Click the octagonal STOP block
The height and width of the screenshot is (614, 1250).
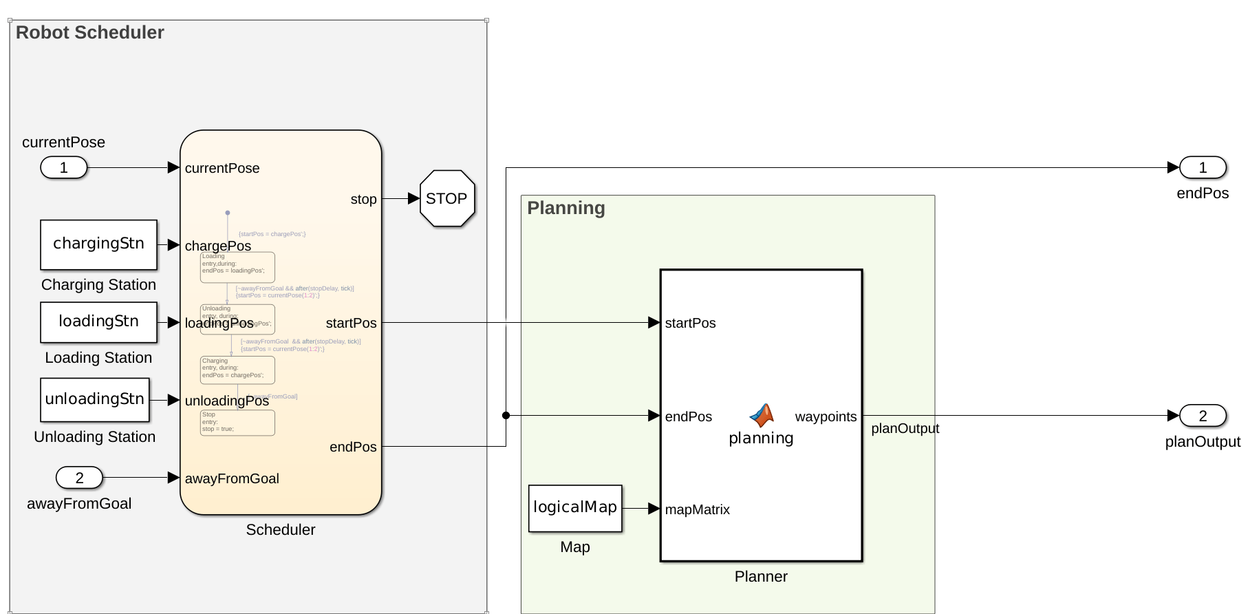(x=447, y=198)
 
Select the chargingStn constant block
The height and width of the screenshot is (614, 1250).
(x=98, y=244)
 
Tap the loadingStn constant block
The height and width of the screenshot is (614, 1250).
(x=98, y=321)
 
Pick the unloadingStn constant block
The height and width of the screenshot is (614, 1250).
(x=94, y=399)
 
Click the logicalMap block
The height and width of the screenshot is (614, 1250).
(x=575, y=508)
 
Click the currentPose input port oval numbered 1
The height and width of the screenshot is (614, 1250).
(x=64, y=167)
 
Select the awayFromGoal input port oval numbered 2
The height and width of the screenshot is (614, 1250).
(x=79, y=477)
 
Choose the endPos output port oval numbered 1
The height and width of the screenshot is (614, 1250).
(x=1203, y=167)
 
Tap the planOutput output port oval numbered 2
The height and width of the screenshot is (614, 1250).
(x=1203, y=415)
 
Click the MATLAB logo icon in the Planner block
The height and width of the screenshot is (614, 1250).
(x=762, y=415)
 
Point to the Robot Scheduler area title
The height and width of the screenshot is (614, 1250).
(x=89, y=32)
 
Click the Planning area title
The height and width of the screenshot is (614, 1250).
(x=565, y=208)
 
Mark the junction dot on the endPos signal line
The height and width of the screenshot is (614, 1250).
(x=506, y=415)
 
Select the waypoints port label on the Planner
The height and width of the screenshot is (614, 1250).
(x=826, y=416)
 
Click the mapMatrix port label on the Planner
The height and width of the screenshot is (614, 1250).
(x=697, y=509)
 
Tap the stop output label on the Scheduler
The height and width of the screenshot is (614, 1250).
(x=363, y=199)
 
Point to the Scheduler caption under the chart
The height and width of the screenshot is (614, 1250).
(x=281, y=529)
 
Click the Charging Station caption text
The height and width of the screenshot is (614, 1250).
(x=98, y=284)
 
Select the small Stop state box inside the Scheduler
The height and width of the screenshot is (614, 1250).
(x=237, y=423)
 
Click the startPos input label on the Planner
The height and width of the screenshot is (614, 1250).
(x=690, y=323)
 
